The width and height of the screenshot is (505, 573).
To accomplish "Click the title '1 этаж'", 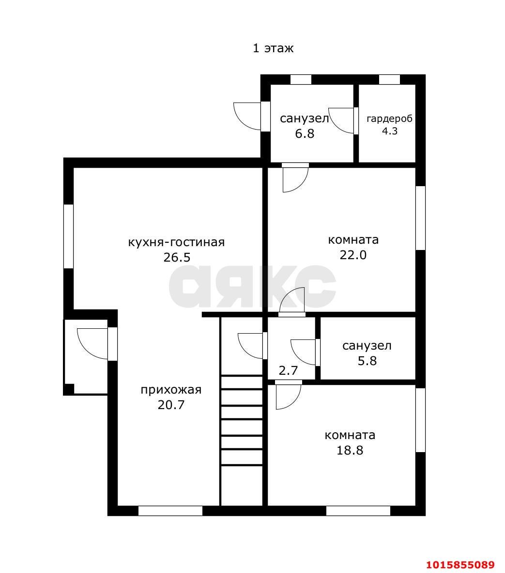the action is [273, 48].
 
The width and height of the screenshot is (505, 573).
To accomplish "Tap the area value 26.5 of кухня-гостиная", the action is [177, 257].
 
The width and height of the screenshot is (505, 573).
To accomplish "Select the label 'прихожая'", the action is [171, 390].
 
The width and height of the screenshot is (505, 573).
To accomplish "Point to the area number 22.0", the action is [353, 255].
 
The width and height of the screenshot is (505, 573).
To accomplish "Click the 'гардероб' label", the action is [389, 119].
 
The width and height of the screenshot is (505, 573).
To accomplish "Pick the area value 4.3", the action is [390, 131].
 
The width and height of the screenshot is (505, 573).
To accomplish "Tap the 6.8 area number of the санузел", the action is [305, 133].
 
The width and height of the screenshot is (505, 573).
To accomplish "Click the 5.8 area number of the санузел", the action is [367, 361].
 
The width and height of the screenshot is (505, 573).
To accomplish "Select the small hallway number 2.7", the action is [289, 370].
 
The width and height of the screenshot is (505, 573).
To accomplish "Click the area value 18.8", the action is [350, 450].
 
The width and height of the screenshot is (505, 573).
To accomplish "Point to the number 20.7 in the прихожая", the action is [171, 405].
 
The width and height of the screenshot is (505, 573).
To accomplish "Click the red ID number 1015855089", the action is [460, 565].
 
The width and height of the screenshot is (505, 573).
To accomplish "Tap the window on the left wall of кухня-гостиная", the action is [68, 236].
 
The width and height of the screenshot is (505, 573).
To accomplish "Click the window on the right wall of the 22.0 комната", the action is [421, 218].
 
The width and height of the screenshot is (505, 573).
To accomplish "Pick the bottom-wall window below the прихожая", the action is [170, 511].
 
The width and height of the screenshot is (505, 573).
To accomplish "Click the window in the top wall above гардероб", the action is [389, 80].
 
